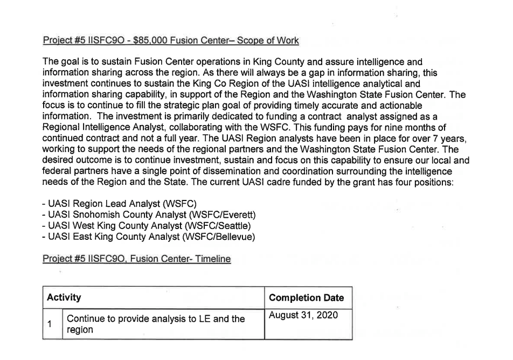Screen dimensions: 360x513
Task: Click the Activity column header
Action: [x=64, y=297]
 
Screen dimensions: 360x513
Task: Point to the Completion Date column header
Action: [x=306, y=298]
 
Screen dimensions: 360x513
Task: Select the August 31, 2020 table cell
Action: [x=303, y=315]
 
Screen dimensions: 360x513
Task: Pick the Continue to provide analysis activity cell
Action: [x=156, y=324]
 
